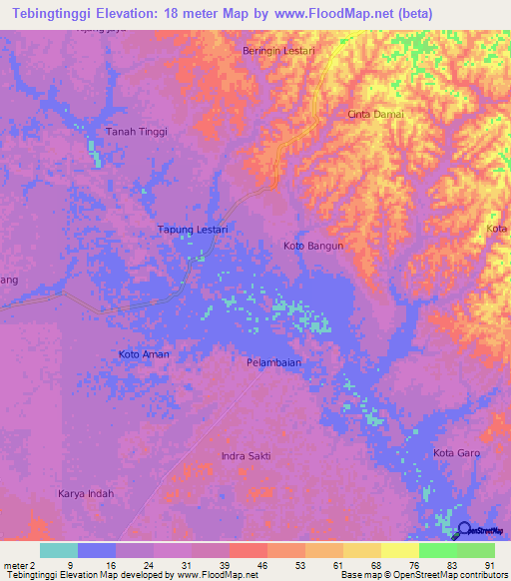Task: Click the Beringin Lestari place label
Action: (x=279, y=50)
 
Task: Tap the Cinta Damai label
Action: (x=375, y=114)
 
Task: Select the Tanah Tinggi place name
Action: (x=137, y=132)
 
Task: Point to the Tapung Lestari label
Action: (x=194, y=230)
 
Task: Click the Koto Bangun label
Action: (x=313, y=246)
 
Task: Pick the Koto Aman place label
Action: (x=144, y=354)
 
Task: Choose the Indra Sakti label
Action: (x=246, y=456)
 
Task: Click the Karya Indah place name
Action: (x=86, y=493)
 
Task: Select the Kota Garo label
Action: (x=458, y=453)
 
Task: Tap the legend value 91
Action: (x=489, y=563)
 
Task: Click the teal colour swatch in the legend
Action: (x=59, y=550)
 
